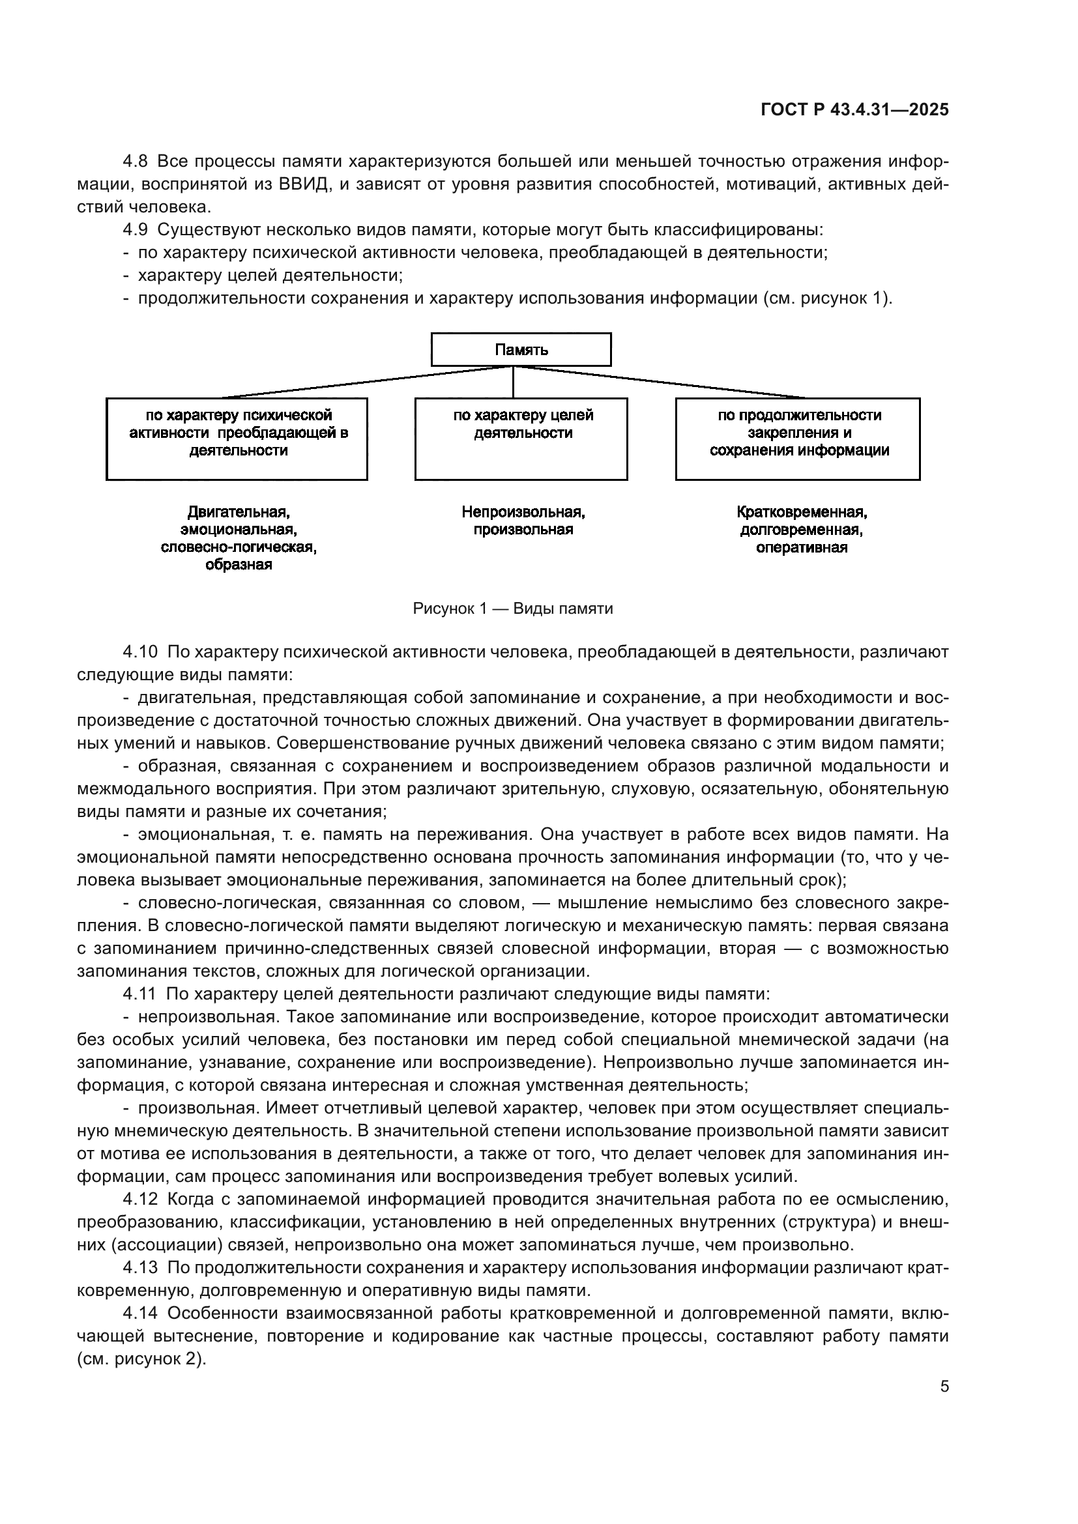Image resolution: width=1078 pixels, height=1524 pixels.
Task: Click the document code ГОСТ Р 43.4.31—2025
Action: point(854,110)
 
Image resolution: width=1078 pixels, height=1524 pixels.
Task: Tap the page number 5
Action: point(944,1387)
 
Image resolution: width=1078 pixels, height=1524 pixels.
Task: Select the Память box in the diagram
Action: point(521,349)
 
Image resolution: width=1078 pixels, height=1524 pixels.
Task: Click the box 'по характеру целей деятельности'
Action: point(521,439)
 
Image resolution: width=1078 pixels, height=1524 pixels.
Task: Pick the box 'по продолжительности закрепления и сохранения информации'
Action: point(798,439)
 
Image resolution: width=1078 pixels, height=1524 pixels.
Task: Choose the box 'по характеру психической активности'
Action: point(237,439)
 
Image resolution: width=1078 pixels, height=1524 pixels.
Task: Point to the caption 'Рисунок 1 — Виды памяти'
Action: point(512,609)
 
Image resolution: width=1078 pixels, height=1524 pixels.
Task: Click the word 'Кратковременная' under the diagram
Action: point(801,512)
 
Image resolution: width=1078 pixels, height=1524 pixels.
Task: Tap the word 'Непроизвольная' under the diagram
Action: point(523,512)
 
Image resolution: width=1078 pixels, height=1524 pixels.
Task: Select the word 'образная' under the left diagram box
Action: point(239,565)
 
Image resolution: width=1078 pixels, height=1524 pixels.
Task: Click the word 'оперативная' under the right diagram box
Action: point(801,547)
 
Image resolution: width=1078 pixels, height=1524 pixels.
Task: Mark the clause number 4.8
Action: point(136,162)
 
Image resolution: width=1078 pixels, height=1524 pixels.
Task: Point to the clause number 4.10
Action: point(140,652)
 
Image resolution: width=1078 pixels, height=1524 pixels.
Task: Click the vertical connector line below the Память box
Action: point(513,382)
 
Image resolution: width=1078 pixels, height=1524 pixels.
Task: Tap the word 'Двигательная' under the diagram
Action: point(239,512)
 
